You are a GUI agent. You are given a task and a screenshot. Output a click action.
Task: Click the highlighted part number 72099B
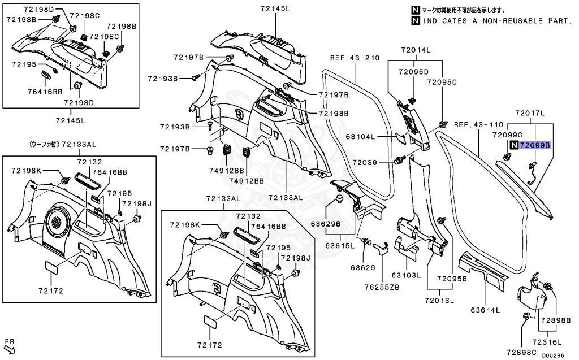534,145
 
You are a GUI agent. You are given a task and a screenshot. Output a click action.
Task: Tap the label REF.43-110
478,124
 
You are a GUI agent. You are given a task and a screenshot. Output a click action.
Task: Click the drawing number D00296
554,355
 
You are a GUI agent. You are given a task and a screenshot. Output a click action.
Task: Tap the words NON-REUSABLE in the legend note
502,21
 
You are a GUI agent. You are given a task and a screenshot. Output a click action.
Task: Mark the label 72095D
413,72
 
